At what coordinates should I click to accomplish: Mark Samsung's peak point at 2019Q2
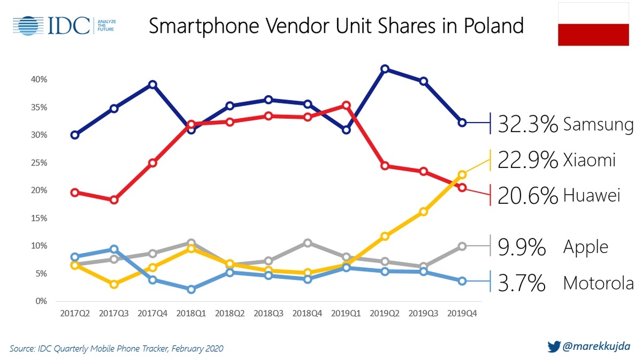click(x=384, y=69)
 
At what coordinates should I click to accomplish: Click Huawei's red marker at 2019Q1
click(x=346, y=105)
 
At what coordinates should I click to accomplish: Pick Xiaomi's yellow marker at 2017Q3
click(x=114, y=284)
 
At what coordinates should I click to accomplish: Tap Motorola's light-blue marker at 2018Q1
click(x=191, y=289)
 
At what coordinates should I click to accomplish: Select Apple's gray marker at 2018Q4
click(x=307, y=243)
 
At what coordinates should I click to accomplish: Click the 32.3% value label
click(x=528, y=125)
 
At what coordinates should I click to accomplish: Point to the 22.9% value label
click(x=528, y=160)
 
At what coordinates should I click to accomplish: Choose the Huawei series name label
click(x=591, y=196)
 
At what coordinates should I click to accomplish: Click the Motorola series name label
click(x=598, y=282)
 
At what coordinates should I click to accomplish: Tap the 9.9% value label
click(x=521, y=247)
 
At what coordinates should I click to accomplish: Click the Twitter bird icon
click(x=553, y=346)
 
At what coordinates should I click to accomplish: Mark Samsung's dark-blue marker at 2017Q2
click(x=75, y=135)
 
